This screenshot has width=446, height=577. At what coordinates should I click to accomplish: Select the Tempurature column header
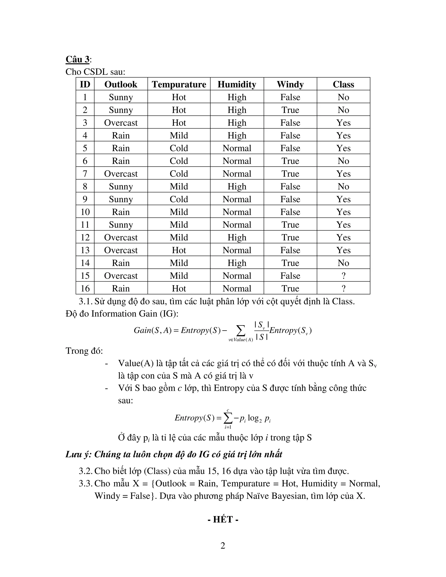click(179, 84)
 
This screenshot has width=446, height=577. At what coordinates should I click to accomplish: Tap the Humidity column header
click(237, 84)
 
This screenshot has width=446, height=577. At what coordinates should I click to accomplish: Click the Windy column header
click(290, 84)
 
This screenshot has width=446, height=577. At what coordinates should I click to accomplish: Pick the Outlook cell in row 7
click(121, 174)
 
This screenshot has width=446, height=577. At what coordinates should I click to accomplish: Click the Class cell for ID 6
click(343, 161)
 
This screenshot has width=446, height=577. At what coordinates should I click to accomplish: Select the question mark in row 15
click(343, 276)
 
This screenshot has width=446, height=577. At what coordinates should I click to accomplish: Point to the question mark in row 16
click(343, 288)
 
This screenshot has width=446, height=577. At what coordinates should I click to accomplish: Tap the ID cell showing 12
click(85, 237)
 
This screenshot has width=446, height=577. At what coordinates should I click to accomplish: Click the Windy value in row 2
click(290, 110)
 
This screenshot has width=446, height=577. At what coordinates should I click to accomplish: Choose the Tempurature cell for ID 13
click(179, 250)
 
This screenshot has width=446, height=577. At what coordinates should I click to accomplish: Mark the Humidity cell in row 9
click(237, 199)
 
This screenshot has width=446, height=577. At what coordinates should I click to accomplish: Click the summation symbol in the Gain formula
click(240, 331)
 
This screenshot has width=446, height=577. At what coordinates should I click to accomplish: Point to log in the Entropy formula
click(253, 418)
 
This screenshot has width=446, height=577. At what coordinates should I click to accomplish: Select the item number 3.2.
click(85, 471)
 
